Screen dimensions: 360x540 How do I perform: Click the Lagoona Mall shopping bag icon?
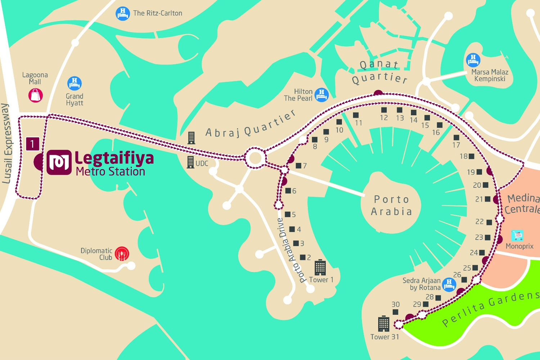tap(36, 95)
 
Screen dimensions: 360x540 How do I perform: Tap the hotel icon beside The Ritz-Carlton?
tap(123, 14)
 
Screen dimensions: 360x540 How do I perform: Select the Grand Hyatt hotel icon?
tap(75, 83)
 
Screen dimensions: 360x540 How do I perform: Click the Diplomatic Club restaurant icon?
tap(122, 254)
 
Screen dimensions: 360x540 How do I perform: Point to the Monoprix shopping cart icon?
tap(517, 235)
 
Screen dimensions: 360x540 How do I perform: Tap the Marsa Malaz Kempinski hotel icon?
tap(473, 60)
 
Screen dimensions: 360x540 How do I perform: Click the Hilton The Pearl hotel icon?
tap(321, 95)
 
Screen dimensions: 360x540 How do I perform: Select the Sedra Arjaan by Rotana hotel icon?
tap(449, 284)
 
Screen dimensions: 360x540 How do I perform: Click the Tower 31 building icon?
tap(383, 324)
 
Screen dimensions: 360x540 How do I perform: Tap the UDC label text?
tap(202, 163)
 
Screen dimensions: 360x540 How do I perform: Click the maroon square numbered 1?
tap(32, 144)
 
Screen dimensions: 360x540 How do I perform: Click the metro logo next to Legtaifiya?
tap(59, 162)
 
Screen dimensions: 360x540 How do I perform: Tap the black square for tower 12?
tap(384, 110)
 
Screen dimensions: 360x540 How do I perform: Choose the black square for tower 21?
tap(487, 199)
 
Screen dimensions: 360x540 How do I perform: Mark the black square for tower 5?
tap(287, 215)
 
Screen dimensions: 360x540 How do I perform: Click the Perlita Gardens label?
tap(491, 308)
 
